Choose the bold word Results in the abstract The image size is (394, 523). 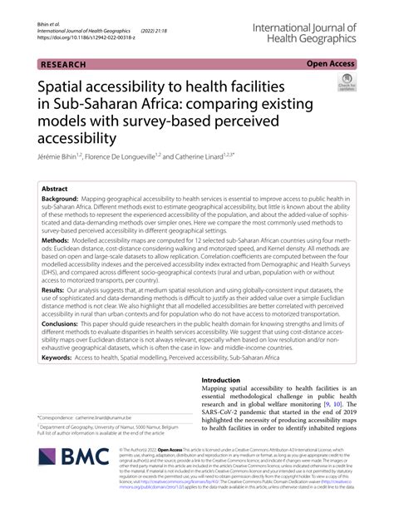(56, 291)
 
